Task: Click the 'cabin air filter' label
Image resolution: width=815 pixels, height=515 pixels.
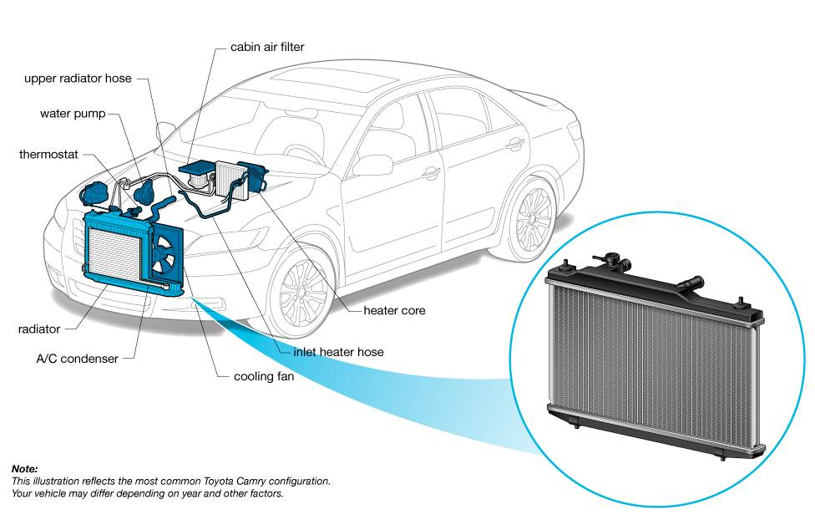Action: click(267, 47)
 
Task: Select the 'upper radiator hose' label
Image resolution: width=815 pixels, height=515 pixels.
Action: click(78, 79)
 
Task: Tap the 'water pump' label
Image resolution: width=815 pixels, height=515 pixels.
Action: click(73, 114)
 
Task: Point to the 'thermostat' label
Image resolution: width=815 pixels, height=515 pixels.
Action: click(48, 155)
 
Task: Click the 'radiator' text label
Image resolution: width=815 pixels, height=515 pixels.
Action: click(39, 329)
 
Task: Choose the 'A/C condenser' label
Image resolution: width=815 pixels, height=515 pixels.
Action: click(77, 359)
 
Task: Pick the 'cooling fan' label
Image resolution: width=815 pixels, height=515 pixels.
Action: click(264, 376)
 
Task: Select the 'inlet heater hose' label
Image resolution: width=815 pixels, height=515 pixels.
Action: click(338, 352)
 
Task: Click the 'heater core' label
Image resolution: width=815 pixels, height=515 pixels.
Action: click(394, 310)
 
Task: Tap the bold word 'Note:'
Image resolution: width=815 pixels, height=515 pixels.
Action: click(24, 469)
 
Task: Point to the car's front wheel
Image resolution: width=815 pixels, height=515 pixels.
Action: click(304, 292)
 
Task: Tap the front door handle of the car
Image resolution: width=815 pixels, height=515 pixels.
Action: click(432, 173)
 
